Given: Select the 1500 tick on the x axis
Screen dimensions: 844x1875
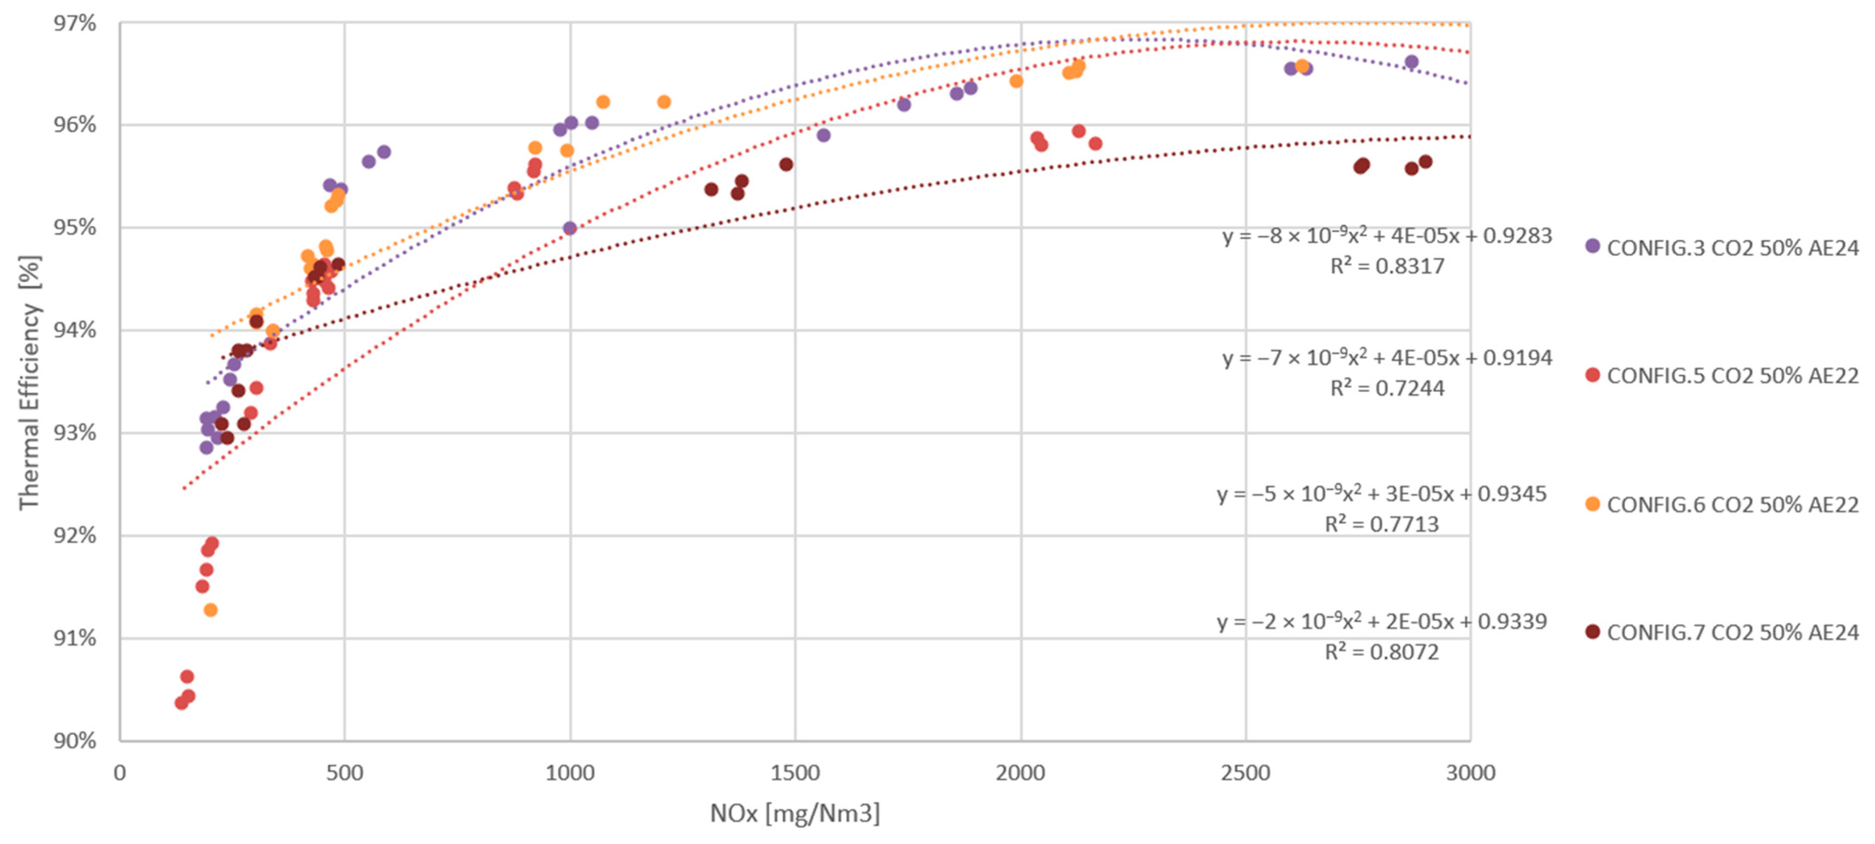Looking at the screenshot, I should [795, 773].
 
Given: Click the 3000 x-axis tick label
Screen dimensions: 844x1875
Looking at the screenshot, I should [1470, 773].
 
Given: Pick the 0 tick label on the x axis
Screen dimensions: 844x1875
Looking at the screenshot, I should [120, 773].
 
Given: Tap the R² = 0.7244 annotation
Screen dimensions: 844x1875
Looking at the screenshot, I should [1387, 388].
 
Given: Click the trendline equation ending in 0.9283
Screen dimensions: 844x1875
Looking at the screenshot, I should [1387, 236].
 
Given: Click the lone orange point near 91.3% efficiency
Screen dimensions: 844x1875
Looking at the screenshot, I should [210, 609].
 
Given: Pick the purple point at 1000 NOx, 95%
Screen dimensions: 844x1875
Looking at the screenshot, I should [570, 228].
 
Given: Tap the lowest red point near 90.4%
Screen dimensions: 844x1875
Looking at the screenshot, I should [181, 703].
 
